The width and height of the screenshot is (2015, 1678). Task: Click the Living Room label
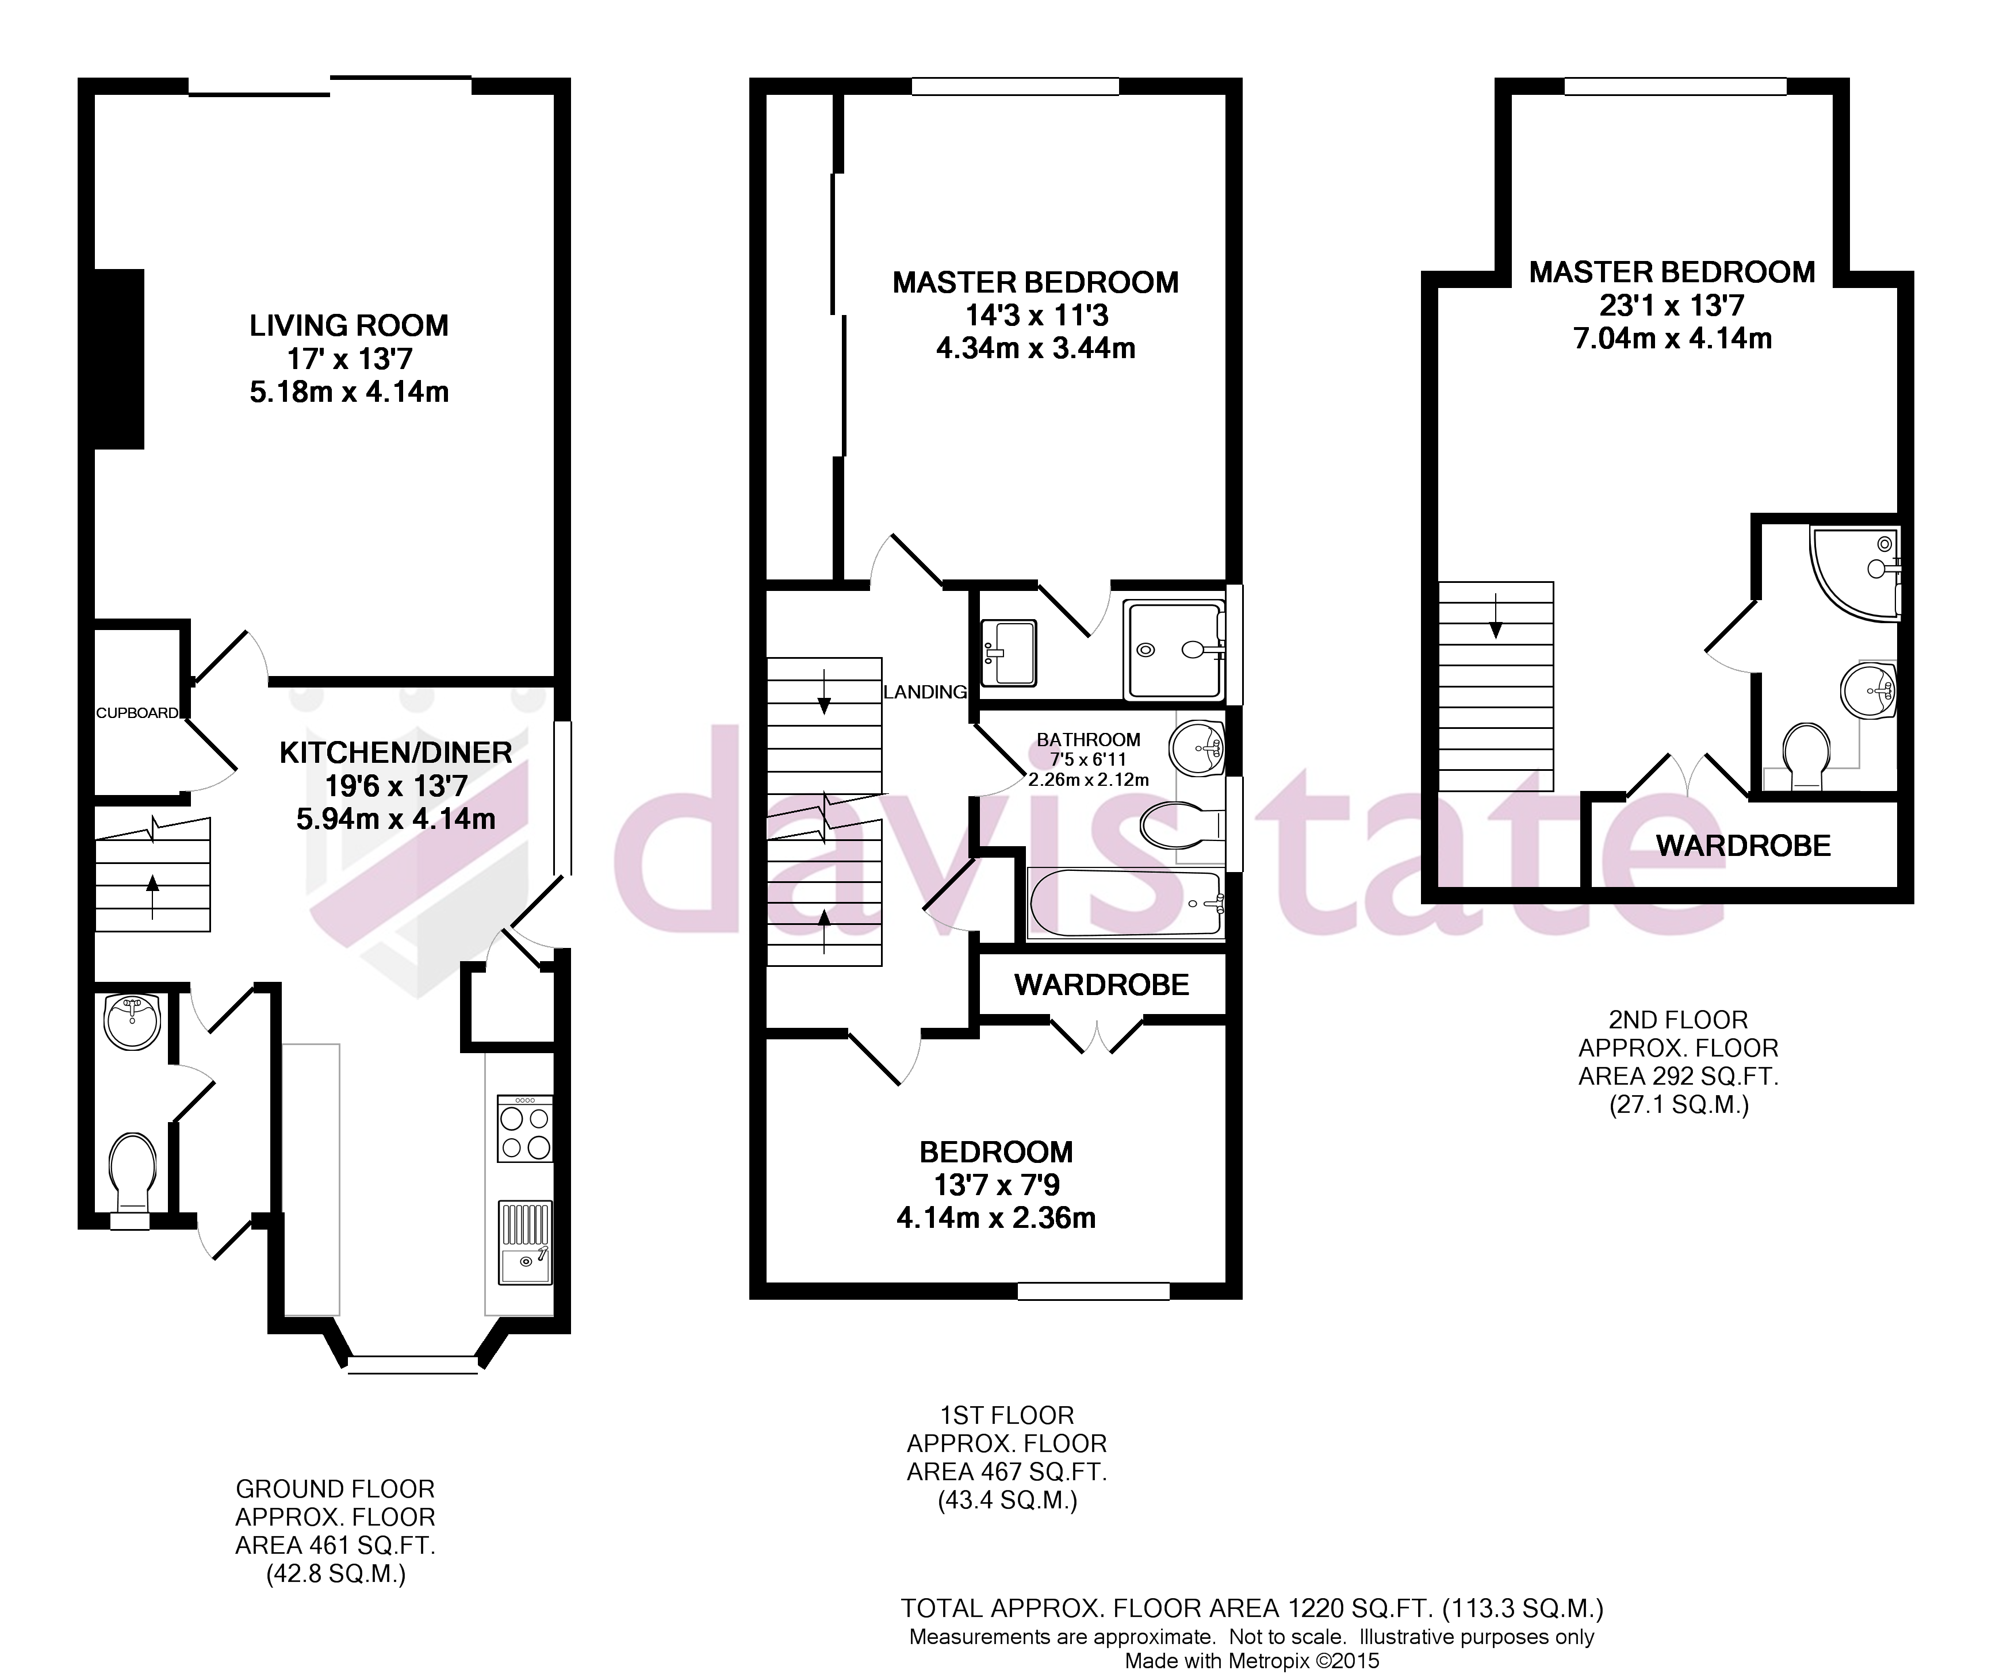(348, 326)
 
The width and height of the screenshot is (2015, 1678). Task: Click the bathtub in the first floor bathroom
(1125, 904)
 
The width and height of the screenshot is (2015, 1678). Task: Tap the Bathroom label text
(1088, 740)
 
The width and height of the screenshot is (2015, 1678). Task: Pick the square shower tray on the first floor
(1174, 650)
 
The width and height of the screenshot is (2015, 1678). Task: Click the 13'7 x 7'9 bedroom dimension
(996, 1185)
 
